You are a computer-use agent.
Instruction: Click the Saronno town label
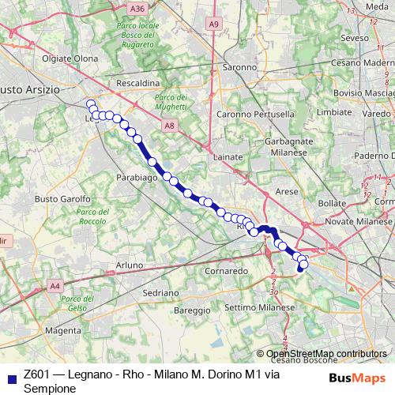[x=239, y=68]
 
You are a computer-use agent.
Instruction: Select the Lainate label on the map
[x=228, y=157]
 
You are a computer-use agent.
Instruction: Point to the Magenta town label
[x=63, y=329]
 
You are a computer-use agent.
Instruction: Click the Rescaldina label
[x=138, y=82]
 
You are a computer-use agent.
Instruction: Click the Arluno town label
[x=129, y=265]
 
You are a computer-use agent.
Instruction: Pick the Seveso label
[x=355, y=37]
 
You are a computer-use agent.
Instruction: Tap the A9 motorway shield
[x=215, y=24]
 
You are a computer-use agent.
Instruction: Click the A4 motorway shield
[x=55, y=285]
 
